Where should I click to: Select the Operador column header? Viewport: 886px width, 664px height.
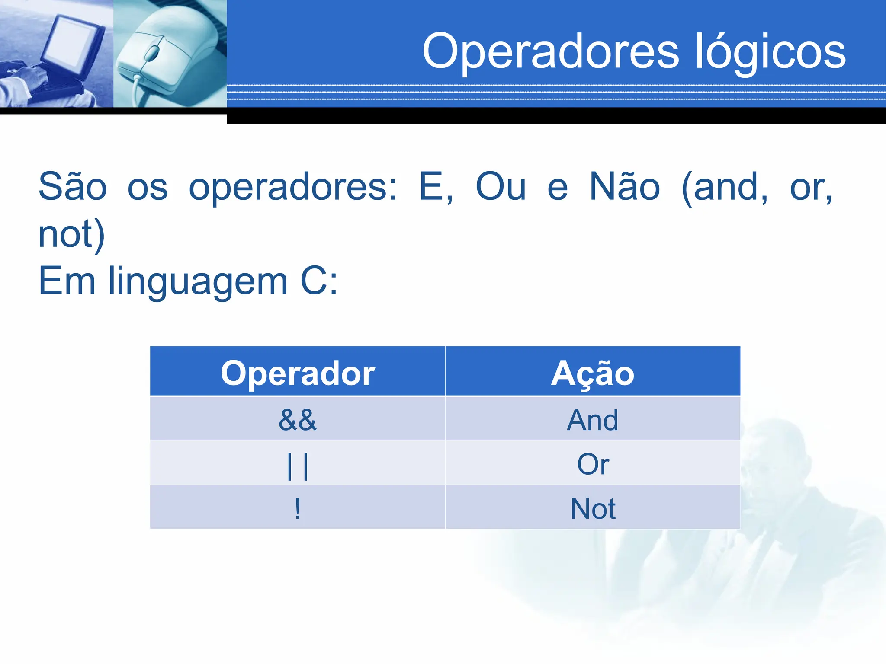pyautogui.click(x=298, y=373)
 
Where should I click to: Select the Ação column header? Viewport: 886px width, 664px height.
pyautogui.click(x=593, y=373)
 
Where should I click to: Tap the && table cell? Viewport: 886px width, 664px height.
pyautogui.click(x=298, y=419)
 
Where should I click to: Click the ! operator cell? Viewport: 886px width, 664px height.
pyautogui.click(x=298, y=508)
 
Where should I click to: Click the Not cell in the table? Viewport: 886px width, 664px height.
pyautogui.click(x=593, y=508)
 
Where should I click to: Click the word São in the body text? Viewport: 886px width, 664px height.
pyautogui.click(x=73, y=187)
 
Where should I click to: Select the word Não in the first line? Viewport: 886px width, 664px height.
pyautogui.click(x=625, y=187)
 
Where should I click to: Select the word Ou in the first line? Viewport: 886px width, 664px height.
pyautogui.click(x=501, y=187)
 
